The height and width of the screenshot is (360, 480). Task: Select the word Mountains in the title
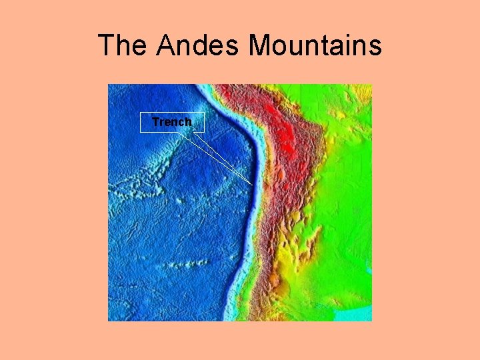click(315, 45)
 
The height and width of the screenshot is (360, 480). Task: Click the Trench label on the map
click(172, 122)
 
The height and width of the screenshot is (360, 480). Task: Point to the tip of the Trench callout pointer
click(253, 184)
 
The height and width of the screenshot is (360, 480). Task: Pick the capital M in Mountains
click(261, 45)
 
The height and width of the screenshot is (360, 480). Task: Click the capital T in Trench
click(155, 122)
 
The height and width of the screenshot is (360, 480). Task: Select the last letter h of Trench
click(188, 122)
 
